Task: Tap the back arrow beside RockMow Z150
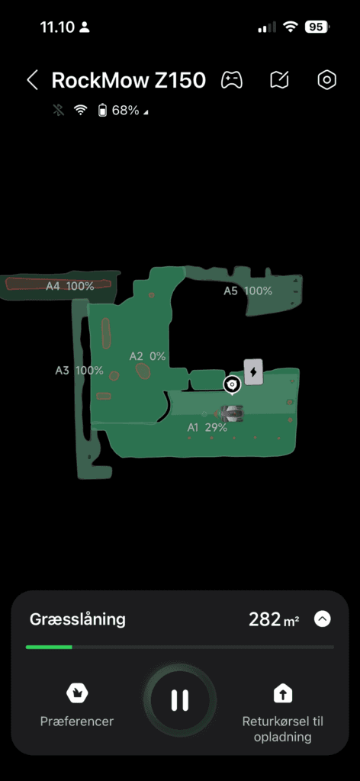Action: (x=32, y=80)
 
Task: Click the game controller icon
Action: (x=232, y=80)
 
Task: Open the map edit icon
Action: (x=279, y=80)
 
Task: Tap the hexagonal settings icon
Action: (x=326, y=80)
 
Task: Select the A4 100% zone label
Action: (x=69, y=286)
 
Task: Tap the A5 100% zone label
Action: (x=247, y=291)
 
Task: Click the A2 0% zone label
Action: (x=147, y=356)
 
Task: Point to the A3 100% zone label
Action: (x=79, y=371)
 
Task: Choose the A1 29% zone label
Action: (x=207, y=427)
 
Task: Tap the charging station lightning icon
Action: (x=253, y=372)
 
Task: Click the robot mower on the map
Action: (x=230, y=413)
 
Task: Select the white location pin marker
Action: (x=232, y=385)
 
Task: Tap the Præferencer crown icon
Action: (x=77, y=693)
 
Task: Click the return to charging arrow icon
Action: (x=283, y=693)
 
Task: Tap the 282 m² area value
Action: (x=274, y=619)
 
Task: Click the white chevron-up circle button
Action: (x=323, y=619)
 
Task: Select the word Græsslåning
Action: (x=78, y=619)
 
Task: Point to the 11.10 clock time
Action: (x=57, y=27)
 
